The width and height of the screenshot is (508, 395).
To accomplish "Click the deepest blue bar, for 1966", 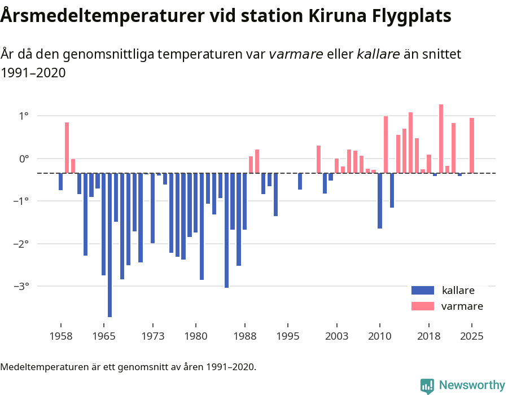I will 110,245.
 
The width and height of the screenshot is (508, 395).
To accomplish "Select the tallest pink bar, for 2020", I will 441,139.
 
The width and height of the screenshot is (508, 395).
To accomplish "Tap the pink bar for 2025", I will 472,146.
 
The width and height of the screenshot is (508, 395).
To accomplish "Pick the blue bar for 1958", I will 61,182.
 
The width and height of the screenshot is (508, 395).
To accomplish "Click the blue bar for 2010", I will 380,201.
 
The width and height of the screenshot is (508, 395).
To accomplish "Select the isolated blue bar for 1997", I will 300,181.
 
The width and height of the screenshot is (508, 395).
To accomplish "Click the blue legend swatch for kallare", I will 422,291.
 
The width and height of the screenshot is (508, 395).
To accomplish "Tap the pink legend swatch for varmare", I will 422,306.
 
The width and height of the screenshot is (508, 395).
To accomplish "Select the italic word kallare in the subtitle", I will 378,54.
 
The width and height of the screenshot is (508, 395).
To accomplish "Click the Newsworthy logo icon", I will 427,385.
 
